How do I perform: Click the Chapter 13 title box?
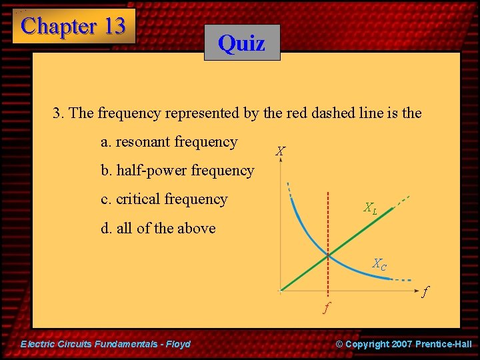coord(73,26)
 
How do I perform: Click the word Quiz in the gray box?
coord(241,43)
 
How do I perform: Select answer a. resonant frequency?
coord(169,142)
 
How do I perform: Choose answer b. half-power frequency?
coord(177,171)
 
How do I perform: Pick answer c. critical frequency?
coord(164,199)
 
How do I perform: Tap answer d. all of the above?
coord(158,228)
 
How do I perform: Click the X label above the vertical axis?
coord(281,152)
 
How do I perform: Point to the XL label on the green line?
coord(370,208)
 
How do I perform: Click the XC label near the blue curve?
coord(379,264)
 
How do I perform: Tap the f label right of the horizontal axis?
coord(425,291)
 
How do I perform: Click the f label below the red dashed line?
coord(326,308)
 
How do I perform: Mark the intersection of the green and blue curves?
coord(327,255)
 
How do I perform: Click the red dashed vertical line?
coord(327,220)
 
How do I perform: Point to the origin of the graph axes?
coord(281,290)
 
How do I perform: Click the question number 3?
coord(57,113)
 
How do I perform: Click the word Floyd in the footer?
coord(177,344)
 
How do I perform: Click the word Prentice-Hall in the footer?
coord(443,344)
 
